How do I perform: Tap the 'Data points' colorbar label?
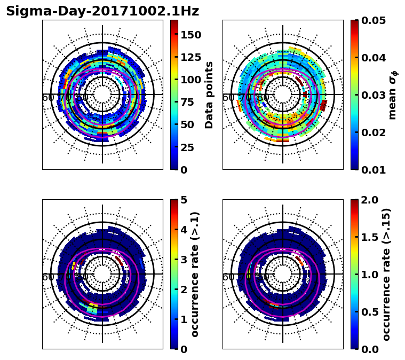(x=210, y=95)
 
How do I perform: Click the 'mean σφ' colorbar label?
(x=393, y=95)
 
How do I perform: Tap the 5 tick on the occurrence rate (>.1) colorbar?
(x=183, y=200)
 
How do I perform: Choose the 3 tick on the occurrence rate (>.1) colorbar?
(x=183, y=260)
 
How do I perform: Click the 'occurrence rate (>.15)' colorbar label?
(x=387, y=275)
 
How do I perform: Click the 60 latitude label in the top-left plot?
(x=47, y=98)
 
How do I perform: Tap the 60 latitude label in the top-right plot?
(x=228, y=98)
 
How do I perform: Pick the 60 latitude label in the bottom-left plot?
(x=47, y=277)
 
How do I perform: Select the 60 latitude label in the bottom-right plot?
(x=228, y=277)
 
